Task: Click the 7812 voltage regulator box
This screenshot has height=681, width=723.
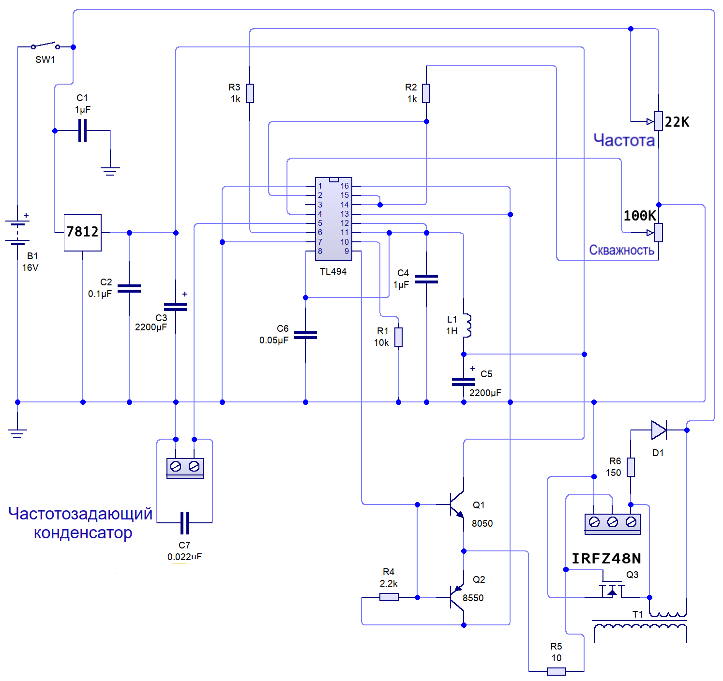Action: (x=83, y=233)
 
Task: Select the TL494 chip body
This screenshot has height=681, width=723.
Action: (x=334, y=219)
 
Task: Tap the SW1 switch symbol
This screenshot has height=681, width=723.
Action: (x=45, y=46)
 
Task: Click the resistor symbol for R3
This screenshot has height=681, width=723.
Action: (x=250, y=93)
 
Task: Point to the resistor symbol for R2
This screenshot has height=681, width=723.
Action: (x=426, y=93)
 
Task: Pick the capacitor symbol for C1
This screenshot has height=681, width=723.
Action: (x=83, y=130)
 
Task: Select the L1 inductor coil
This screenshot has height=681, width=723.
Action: (x=467, y=326)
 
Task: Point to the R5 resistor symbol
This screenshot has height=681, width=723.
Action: (x=557, y=671)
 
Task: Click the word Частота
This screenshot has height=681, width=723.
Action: (x=624, y=140)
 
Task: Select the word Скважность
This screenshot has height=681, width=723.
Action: (x=622, y=251)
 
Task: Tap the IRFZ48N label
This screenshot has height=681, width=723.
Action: (x=606, y=559)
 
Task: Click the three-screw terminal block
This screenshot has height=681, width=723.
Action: (x=613, y=524)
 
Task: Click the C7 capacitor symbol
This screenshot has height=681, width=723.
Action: (x=184, y=523)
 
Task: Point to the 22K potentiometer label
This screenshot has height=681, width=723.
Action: (x=677, y=122)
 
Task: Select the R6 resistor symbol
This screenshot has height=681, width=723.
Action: (x=631, y=467)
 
